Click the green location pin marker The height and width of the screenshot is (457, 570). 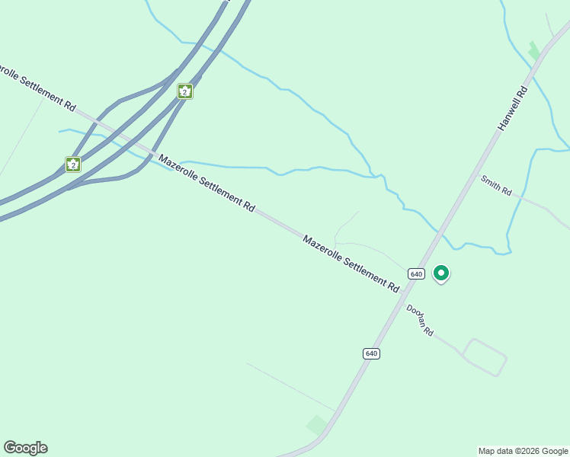[x=440, y=273]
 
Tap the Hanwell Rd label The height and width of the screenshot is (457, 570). [x=513, y=108]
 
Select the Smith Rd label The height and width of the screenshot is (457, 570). [x=495, y=185]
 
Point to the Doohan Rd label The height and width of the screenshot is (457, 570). [x=420, y=321]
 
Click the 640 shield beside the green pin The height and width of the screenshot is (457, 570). [x=415, y=273]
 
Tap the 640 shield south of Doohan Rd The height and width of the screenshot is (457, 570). [x=371, y=353]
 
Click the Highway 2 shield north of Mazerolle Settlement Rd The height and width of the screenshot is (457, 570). [x=184, y=91]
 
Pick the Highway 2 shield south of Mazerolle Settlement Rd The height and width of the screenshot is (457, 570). [x=73, y=164]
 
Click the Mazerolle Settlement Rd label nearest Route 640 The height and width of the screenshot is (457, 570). [x=351, y=264]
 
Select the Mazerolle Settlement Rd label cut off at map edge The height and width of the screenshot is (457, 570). [x=38, y=88]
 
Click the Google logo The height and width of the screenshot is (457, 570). [x=25, y=448]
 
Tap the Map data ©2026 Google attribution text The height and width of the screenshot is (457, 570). [x=524, y=451]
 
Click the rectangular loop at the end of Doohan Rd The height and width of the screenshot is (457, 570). [x=485, y=356]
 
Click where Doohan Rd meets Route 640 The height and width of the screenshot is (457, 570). [x=401, y=297]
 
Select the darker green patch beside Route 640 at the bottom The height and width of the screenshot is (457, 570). [x=317, y=425]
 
